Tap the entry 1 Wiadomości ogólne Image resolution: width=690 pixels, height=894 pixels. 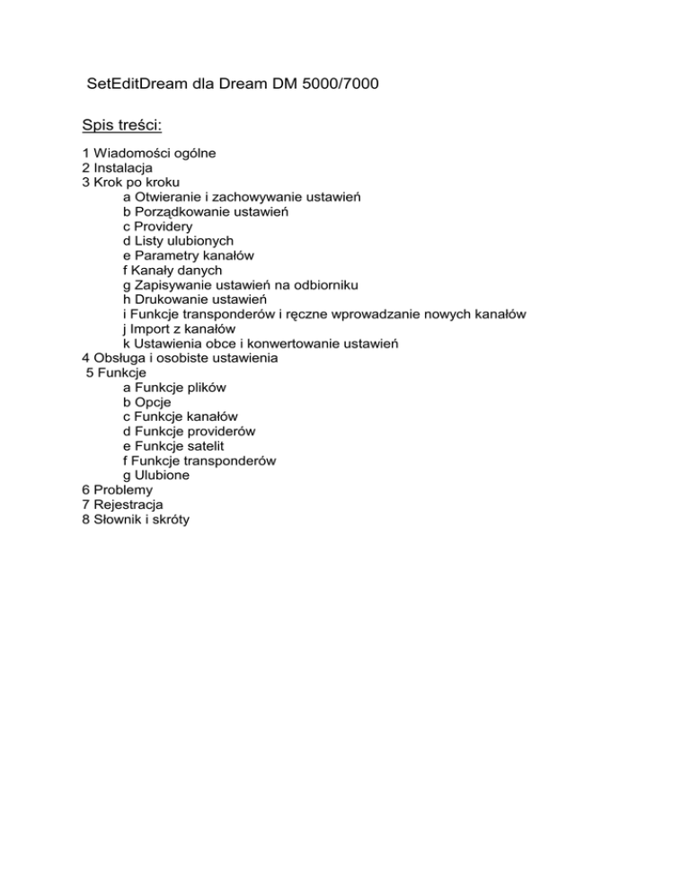point(148,154)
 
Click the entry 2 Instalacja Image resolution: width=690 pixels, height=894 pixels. point(117,168)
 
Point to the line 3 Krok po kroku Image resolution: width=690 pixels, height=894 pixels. point(130,183)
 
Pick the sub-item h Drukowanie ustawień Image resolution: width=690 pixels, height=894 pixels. point(194,299)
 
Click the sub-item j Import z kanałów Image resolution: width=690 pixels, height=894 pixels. point(172,328)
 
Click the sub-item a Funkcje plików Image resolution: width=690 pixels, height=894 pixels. point(174,387)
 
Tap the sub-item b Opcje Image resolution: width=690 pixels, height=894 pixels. point(146,402)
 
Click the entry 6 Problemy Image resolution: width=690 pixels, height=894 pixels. point(117,490)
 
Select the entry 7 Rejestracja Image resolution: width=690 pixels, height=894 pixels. point(123,505)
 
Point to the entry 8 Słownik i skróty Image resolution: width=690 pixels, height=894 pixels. point(136,519)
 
